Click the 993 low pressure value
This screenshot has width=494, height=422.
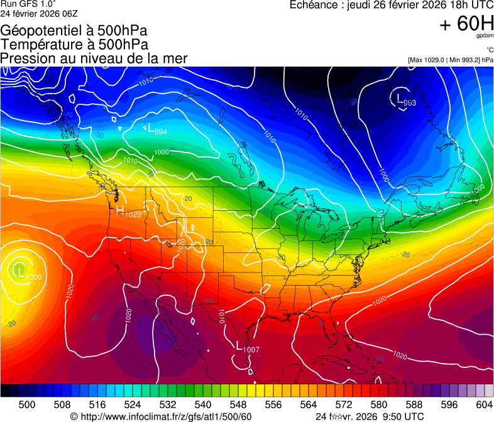pos(410,103)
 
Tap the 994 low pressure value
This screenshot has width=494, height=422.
pos(160,131)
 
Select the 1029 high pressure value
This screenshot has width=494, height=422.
pos(133,215)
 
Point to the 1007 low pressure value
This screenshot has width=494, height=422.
pos(251,349)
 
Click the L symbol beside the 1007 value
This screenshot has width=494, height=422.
pos(239,345)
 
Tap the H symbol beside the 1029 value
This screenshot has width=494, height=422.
pos(119,210)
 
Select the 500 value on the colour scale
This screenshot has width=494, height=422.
pos(26,404)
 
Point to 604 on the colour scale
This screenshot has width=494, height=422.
pos(484,404)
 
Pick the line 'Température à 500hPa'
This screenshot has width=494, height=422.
pos(74,45)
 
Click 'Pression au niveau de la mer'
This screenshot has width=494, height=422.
pos(94,58)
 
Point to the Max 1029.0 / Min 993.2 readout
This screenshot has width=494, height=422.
pos(450,60)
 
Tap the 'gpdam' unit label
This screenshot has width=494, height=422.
pos(485,36)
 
